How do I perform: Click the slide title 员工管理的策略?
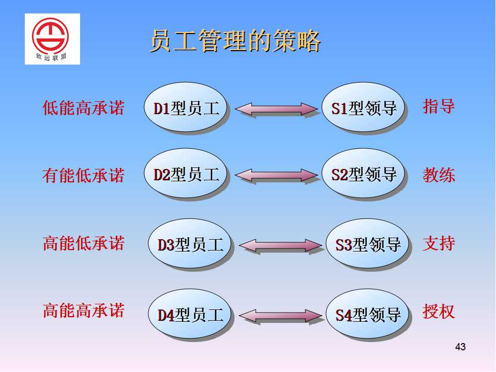(236, 41)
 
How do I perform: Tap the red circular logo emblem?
(50, 36)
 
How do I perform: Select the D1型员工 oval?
(185, 107)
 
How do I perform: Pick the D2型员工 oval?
(185, 174)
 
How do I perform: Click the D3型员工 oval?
(190, 244)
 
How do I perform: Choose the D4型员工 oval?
(190, 314)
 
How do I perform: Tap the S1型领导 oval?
(363, 107)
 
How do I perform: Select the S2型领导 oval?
(363, 174)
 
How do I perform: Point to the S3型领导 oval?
(367, 244)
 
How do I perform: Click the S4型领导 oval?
(367, 314)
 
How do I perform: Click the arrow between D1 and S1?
(276, 109)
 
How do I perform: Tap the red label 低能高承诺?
(83, 107)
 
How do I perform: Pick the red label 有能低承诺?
(83, 175)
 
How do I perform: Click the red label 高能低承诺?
(83, 243)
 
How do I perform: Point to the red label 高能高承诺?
(83, 311)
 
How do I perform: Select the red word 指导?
(439, 106)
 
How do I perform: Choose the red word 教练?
(439, 175)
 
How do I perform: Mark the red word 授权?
(439, 312)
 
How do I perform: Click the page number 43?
(460, 347)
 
